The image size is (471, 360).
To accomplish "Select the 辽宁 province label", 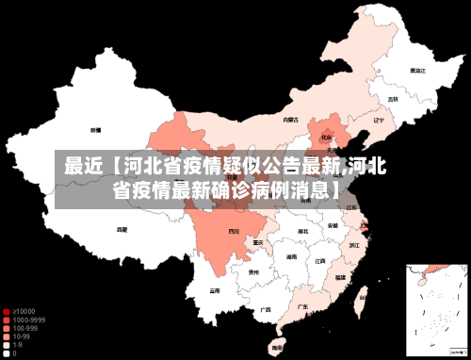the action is point(379,121).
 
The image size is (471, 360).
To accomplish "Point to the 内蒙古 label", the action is point(291,120).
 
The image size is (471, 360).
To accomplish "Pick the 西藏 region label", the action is point(122,229).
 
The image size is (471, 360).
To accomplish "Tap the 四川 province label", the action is point(235,230).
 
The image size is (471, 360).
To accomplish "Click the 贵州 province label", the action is point(253,272).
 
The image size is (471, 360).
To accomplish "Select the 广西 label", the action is point(266,309).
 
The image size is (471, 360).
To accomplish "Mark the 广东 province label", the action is point(302,306).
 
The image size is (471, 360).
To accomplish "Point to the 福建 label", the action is point(340,277).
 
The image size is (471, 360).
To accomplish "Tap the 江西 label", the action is point(320,261).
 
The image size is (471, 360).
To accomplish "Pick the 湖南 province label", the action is point(292,256).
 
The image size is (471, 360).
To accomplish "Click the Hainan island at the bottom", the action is point(277,348).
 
